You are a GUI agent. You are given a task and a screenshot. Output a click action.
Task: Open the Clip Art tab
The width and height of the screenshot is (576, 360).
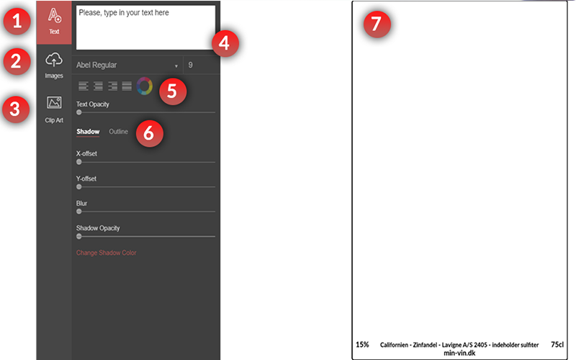coord(54,109)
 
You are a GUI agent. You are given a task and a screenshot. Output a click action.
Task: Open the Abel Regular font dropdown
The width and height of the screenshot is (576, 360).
coord(127,65)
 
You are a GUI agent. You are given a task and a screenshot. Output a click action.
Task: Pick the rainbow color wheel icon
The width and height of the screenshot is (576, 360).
coord(144,86)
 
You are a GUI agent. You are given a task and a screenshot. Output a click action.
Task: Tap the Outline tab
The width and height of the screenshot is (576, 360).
coord(119,132)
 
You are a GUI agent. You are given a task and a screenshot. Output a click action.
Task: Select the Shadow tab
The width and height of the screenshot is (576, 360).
coord(88,132)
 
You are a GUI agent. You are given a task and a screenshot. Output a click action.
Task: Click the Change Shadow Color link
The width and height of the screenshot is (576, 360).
coord(106,253)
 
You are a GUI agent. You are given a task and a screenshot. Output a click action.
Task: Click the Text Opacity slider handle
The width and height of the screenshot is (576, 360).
coord(79,112)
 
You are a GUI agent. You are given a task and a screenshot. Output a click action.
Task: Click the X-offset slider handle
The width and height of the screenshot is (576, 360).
coord(79,162)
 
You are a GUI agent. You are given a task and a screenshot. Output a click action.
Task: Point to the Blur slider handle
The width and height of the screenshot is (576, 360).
coord(79,211)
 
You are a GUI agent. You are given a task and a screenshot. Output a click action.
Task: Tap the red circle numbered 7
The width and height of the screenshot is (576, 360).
coord(376,24)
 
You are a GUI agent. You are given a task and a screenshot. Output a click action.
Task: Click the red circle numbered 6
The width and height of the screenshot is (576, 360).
coord(149,133)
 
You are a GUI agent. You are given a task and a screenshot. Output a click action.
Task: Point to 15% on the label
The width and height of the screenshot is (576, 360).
coord(362,345)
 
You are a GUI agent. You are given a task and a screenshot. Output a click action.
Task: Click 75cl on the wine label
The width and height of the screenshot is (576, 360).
coord(557,345)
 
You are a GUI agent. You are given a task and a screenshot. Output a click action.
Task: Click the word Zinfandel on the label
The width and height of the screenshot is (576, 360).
coord(433,346)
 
